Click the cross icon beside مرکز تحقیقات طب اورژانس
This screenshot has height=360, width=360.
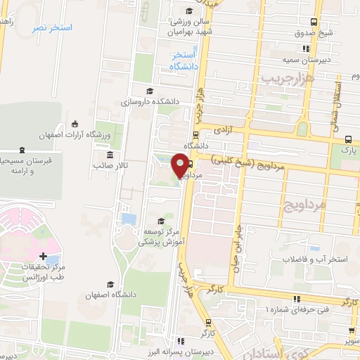[x=44, y=257]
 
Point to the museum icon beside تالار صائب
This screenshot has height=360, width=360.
[x=110, y=155]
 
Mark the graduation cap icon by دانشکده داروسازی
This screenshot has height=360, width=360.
[x=148, y=91]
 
